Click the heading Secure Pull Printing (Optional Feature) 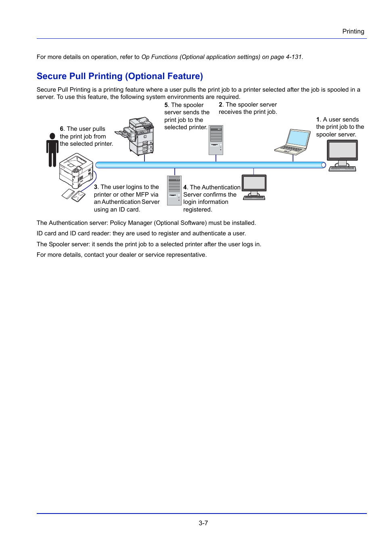point(119,76)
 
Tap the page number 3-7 point(203,523)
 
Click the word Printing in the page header point(353,31)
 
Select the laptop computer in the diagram point(293,143)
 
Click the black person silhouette point(52,150)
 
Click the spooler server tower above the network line point(216,140)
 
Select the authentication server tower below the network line point(174,190)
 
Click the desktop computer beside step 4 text point(254,187)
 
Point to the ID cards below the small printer point(73,195)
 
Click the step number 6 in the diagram point(62,129)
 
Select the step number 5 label point(166,105)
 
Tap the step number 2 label point(220,105)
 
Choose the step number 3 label point(96,187)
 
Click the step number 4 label point(185,187)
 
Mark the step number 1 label point(318,119)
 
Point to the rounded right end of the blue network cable point(323,165)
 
